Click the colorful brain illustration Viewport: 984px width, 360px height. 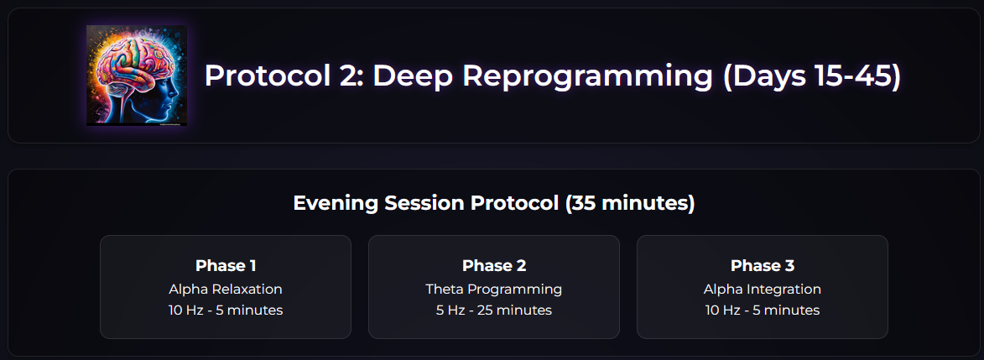[136, 76]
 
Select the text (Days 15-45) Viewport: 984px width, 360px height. [812, 76]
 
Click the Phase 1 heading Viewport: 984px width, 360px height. [226, 266]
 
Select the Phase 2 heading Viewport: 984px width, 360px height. [494, 266]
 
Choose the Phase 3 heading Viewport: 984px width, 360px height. [763, 266]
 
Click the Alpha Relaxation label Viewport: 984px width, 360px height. [226, 289]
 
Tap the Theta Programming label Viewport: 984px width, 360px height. [494, 290]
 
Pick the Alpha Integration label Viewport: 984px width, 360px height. [763, 290]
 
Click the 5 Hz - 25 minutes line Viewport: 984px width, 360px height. [494, 310]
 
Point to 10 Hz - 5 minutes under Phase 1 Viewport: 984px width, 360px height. [226, 310]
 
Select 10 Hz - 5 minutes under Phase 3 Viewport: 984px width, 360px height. [763, 310]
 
